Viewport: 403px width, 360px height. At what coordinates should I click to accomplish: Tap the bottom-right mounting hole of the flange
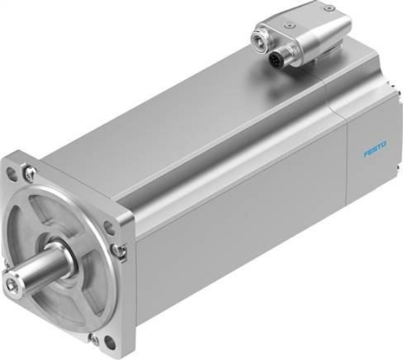pos(109,342)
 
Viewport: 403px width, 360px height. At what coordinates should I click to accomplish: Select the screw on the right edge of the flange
pos(119,249)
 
